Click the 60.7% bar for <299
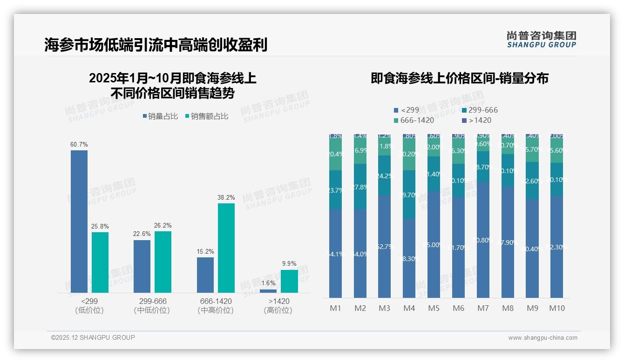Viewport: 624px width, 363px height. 79,221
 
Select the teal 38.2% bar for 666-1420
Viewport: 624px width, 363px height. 226,248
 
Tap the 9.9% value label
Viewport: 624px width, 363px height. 289,263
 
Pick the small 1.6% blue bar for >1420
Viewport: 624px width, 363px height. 268,291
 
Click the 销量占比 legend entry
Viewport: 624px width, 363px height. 160,116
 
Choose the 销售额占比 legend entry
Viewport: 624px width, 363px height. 207,116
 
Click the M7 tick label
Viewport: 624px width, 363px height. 483,308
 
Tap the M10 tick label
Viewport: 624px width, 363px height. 557,308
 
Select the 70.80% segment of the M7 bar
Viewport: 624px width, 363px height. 483,240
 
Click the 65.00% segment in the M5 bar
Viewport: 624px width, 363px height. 434,244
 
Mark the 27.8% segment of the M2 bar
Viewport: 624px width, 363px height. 360,187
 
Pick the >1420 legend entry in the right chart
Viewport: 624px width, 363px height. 477,120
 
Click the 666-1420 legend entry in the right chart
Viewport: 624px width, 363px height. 414,120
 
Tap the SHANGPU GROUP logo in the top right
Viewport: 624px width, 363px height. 541,40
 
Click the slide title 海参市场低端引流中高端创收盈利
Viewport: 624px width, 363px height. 156,45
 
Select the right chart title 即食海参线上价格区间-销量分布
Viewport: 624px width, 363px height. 459,78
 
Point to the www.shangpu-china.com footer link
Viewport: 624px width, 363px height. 543,338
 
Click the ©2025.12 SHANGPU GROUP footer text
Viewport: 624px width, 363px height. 93,337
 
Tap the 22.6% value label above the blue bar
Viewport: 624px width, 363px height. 142,234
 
